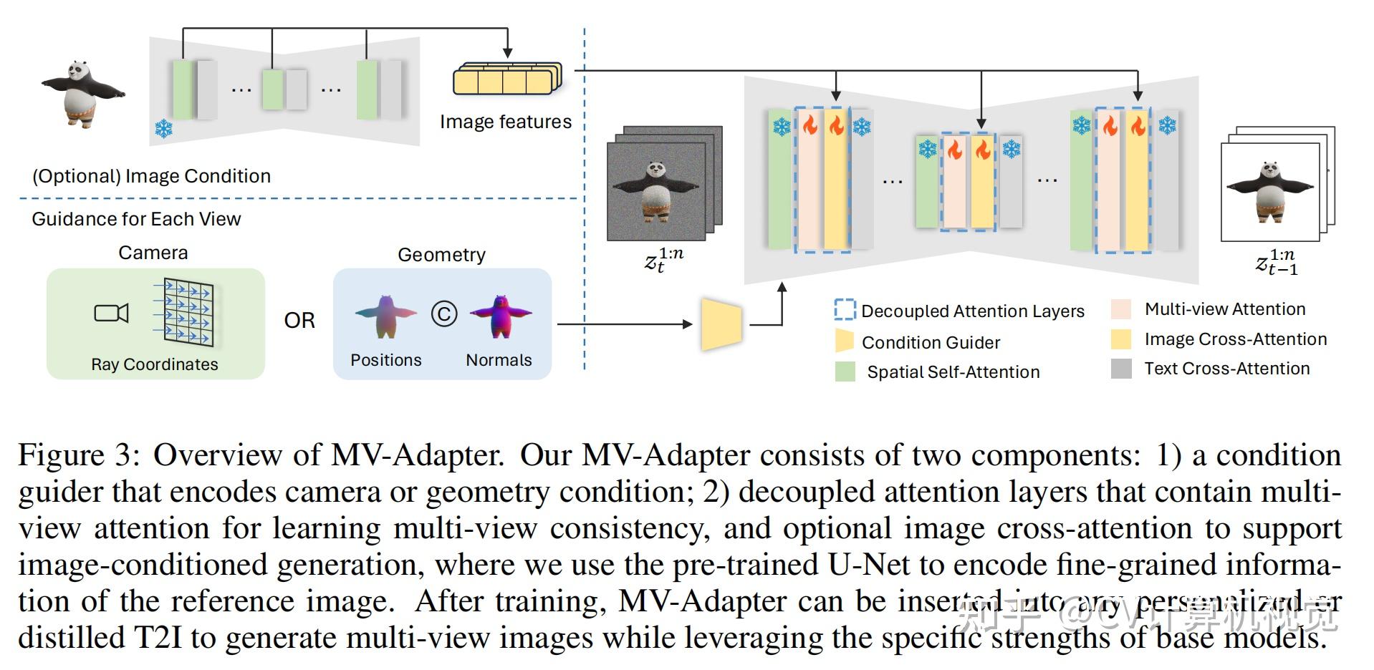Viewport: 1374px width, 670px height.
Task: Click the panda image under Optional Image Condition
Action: point(82,93)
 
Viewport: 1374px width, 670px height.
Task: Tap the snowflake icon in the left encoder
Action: point(163,130)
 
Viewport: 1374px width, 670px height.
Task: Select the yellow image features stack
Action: point(507,79)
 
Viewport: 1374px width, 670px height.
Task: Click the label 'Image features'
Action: point(505,122)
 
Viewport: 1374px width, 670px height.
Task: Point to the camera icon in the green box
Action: point(111,313)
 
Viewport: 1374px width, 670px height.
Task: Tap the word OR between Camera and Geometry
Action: point(299,320)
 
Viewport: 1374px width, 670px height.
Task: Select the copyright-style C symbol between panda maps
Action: point(444,314)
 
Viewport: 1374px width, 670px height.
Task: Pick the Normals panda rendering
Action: point(500,315)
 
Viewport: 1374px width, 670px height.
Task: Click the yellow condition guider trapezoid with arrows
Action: point(721,325)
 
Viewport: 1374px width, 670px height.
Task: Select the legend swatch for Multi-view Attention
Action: point(1120,309)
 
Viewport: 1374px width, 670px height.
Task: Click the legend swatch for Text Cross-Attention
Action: point(1120,369)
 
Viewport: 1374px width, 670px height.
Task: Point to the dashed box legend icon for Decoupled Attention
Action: point(845,310)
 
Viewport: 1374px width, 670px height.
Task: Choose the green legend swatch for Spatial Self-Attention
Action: point(845,372)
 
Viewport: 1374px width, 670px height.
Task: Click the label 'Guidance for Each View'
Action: point(136,219)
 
